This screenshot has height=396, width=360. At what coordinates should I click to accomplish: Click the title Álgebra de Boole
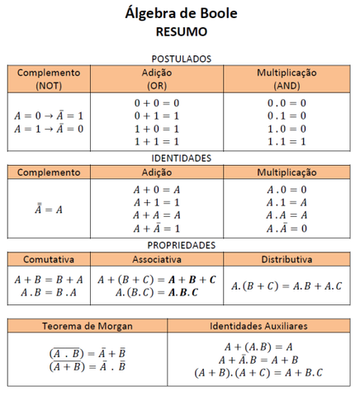click(181, 13)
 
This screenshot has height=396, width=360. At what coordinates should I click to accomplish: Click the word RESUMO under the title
click(181, 32)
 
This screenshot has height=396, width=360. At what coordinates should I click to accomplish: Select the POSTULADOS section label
click(181, 59)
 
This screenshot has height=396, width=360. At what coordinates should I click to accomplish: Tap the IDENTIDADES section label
click(181, 157)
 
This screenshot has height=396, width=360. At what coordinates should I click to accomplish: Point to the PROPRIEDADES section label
click(181, 245)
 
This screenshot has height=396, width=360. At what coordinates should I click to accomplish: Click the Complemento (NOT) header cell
click(49, 78)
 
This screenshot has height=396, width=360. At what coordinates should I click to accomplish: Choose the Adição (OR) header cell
click(156, 78)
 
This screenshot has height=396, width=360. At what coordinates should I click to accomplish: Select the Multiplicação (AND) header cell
click(286, 78)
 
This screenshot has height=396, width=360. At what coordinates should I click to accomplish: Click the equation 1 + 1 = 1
click(156, 142)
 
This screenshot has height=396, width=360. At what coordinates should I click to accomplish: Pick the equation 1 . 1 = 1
click(286, 142)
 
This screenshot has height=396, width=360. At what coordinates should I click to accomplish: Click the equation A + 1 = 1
click(156, 202)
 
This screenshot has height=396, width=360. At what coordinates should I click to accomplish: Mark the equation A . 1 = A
click(286, 202)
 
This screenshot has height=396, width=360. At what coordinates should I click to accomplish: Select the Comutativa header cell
click(49, 260)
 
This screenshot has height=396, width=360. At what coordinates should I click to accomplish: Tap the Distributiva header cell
click(286, 260)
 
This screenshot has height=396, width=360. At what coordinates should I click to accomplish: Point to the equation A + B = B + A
click(49, 279)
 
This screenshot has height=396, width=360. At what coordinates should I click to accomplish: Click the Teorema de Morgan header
click(88, 327)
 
